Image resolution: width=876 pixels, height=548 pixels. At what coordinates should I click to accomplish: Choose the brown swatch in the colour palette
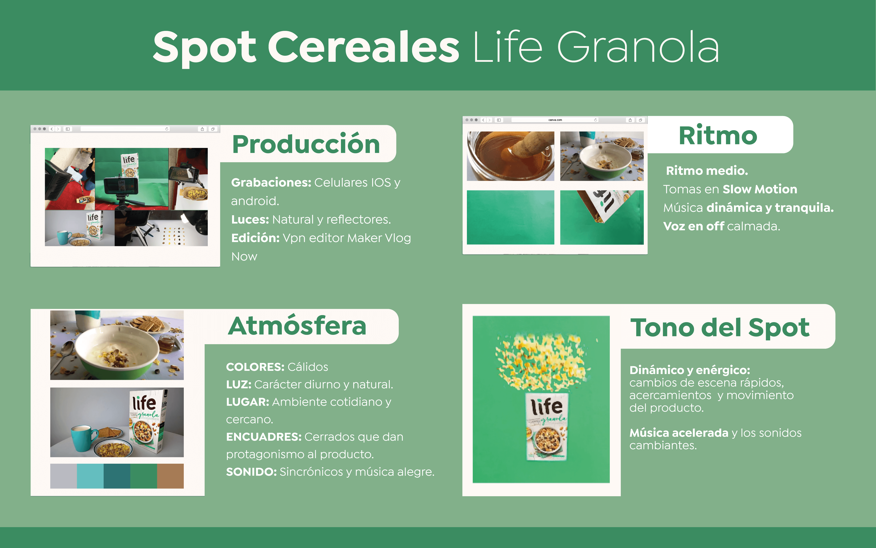170,476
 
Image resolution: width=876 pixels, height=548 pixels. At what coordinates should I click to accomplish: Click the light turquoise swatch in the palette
90,476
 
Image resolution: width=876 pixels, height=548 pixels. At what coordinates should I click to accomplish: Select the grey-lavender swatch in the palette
63,476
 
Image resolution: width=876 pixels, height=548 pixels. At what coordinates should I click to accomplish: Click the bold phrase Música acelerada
679,433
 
